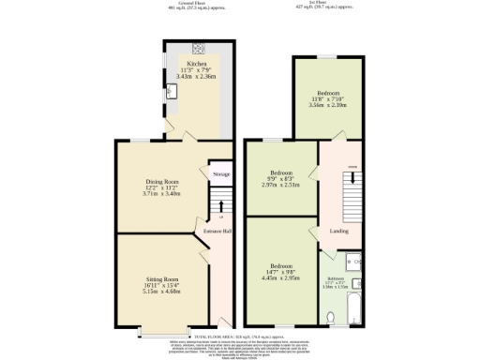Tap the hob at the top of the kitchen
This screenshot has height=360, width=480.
coord(199,48)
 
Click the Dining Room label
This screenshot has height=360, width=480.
coord(162,181)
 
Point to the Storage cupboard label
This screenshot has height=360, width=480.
coord(220,174)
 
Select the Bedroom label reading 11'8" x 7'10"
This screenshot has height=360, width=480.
coord(328,95)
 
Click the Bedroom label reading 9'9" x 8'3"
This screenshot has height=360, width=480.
coord(282,173)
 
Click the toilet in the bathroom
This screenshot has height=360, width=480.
coord(334,317)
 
